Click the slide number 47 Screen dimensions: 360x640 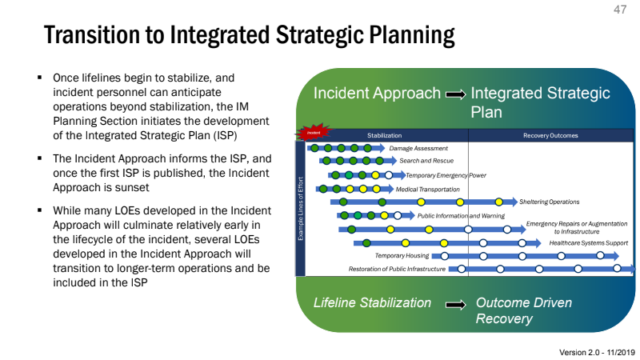(x=620, y=10)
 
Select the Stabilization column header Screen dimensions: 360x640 (x=384, y=135)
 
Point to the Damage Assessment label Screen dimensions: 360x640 (x=418, y=148)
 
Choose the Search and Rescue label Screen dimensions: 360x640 (x=426, y=161)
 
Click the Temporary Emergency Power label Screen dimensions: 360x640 (x=446, y=175)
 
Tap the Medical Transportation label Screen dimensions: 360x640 (x=428, y=189)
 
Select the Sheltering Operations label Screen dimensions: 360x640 (x=549, y=202)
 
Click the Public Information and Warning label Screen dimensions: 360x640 (x=461, y=215)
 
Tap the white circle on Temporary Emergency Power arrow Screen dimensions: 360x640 (x=389, y=175)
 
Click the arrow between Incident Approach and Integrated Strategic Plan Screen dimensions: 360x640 (x=455, y=94)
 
